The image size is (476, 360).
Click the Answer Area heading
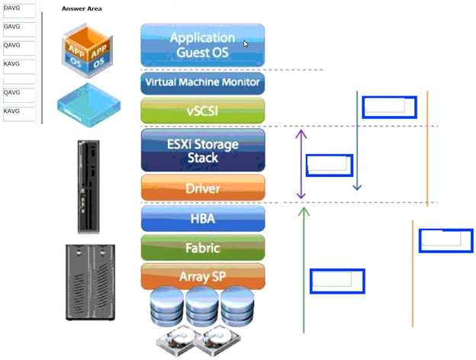point(82,8)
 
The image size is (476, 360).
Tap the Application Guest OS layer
point(202,45)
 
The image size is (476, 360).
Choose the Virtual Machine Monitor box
point(202,82)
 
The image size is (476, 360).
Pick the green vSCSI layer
point(202,111)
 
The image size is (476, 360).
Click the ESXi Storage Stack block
point(202,150)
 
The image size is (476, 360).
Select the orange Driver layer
point(202,188)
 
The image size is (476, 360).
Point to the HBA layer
point(202,219)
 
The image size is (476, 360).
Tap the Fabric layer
point(202,247)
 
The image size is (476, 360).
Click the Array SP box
point(202,276)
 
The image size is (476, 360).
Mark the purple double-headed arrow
point(301,164)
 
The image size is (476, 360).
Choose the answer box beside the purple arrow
point(329,166)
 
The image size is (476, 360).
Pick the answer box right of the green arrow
point(336,281)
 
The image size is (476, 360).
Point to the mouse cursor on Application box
point(246,44)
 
